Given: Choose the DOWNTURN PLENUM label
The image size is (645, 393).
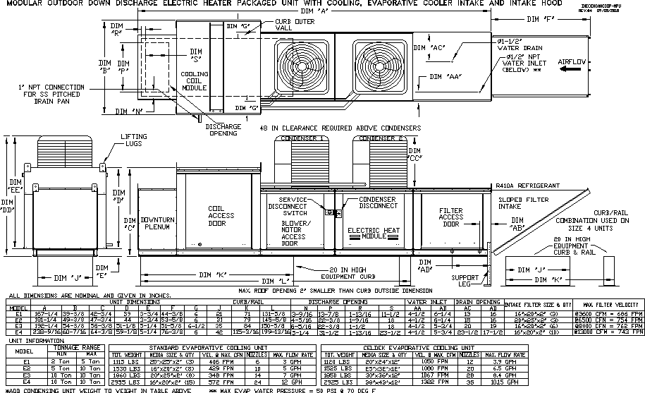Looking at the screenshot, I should (157, 223).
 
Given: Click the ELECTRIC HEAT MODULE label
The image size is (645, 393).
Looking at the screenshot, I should (374, 234).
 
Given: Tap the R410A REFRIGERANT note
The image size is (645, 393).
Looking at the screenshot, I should (528, 186).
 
